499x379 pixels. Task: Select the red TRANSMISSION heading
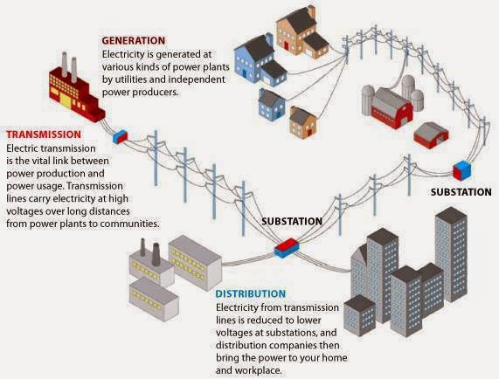(44, 135)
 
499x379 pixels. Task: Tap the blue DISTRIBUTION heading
(249, 293)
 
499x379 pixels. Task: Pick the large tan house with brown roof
(298, 31)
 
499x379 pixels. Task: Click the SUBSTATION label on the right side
(462, 191)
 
